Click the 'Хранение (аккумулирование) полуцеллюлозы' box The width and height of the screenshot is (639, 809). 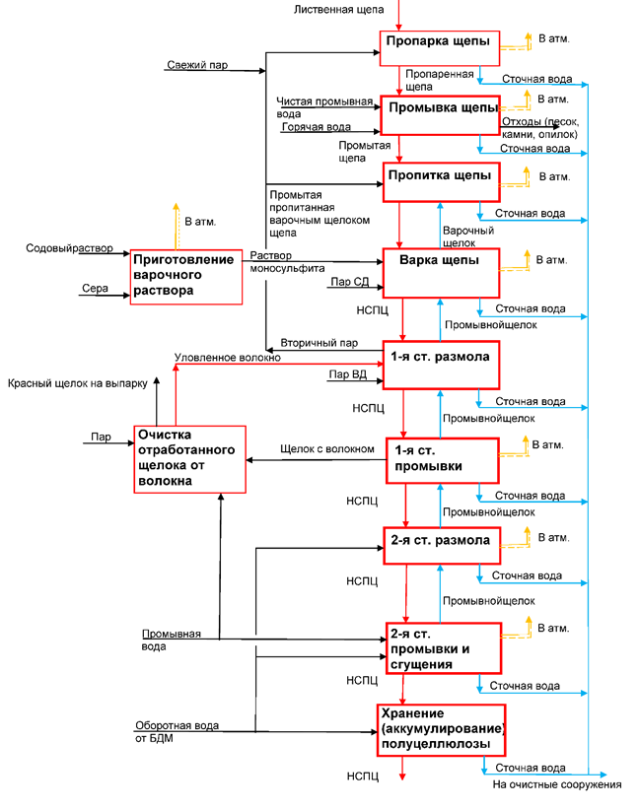pos(441,729)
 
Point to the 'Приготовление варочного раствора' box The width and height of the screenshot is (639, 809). pos(185,276)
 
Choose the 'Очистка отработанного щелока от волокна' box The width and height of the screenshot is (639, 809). pos(188,457)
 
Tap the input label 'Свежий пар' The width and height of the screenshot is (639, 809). pos(197,65)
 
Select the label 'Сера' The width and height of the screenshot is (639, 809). pos(95,289)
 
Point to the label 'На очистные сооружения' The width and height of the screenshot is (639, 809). pos(557,784)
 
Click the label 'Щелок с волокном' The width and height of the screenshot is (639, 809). pos(327,449)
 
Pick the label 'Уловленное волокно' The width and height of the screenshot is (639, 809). pos(227,358)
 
